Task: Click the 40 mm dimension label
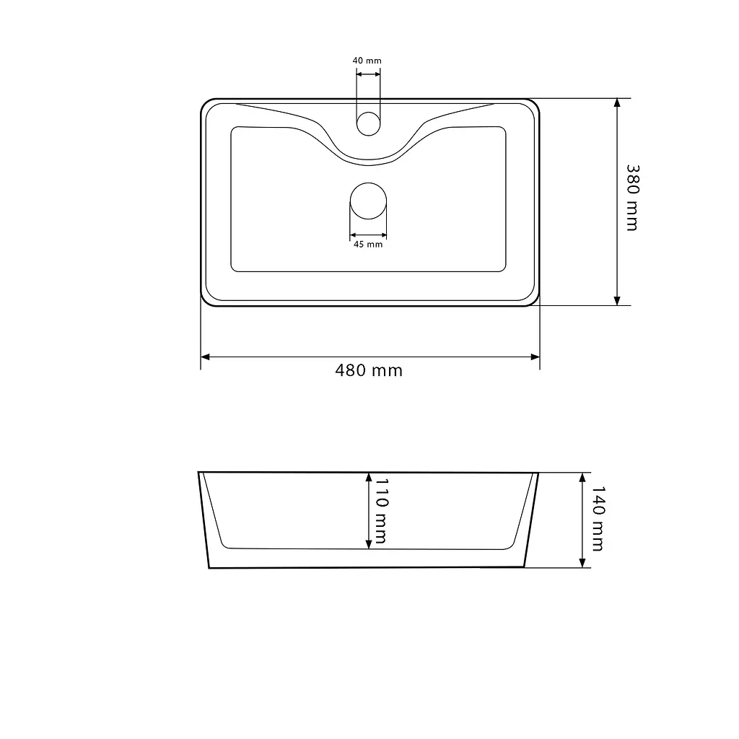[x=367, y=61]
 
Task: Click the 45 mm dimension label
[x=368, y=244]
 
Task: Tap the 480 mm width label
[x=369, y=370]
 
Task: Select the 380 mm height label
[x=632, y=198]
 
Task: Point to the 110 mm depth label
[x=381, y=512]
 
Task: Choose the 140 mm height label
[x=598, y=519]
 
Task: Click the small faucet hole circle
[x=368, y=124]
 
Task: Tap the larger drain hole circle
[x=369, y=201]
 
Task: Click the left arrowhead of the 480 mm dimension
[x=205, y=357]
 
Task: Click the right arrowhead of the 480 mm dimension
[x=535, y=357]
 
